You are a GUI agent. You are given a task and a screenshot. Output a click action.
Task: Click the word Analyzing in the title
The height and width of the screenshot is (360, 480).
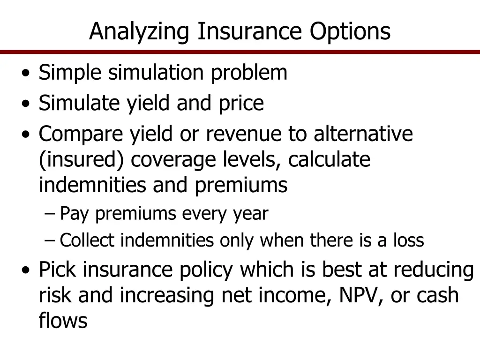point(139,32)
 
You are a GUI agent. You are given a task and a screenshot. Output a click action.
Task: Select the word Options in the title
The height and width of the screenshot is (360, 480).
point(350,32)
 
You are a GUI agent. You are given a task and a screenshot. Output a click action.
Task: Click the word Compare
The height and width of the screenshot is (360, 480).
point(81,134)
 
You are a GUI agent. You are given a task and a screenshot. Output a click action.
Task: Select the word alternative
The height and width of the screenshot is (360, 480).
point(363,134)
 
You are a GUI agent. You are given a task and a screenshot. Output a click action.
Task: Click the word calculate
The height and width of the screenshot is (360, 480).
point(329,160)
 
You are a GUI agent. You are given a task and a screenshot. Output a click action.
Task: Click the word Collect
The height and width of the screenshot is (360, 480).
point(87,241)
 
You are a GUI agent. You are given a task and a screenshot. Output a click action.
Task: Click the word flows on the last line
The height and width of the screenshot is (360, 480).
point(63,321)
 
